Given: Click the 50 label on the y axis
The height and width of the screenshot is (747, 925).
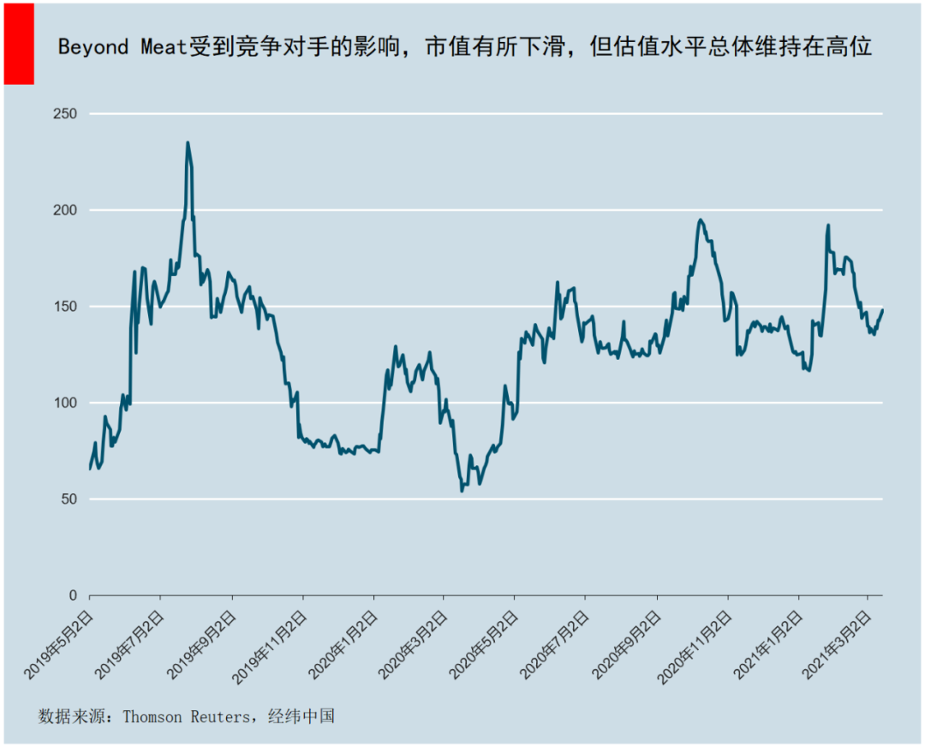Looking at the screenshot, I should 68,499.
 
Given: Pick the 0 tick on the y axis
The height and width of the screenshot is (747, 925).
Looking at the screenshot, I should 72,595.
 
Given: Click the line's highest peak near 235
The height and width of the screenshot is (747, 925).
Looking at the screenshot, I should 188,143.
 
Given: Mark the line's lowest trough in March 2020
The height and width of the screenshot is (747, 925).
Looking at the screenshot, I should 462,491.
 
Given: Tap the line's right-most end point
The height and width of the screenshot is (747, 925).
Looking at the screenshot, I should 882,310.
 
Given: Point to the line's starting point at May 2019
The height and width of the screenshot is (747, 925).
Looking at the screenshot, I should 90,469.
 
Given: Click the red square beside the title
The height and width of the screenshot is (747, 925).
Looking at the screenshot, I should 19,45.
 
